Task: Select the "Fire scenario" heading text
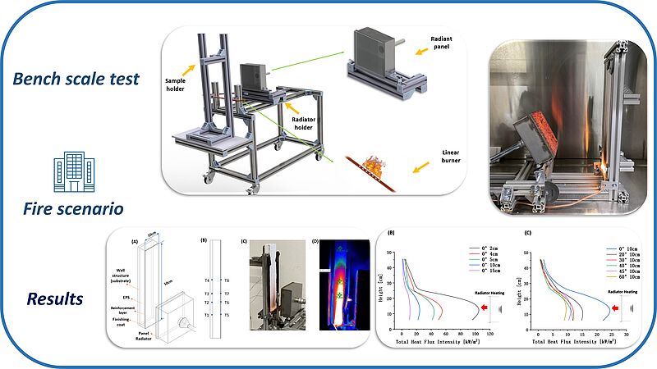(x=73, y=208)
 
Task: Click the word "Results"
(x=55, y=299)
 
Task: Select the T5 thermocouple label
(x=226, y=315)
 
